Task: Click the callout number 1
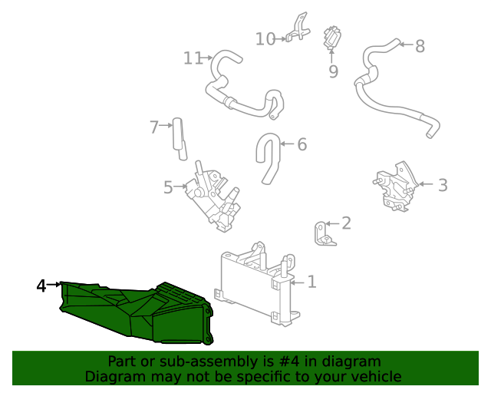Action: [x=311, y=282]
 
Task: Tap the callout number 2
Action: [x=346, y=223]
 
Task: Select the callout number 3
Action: [x=443, y=184]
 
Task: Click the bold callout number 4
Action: [x=41, y=286]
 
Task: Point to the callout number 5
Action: [x=168, y=187]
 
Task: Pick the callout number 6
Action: [x=302, y=144]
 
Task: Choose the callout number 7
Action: [x=154, y=127]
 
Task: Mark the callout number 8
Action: [x=420, y=46]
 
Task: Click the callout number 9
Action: [x=333, y=72]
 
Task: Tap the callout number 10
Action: [x=265, y=38]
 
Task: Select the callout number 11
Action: [x=193, y=58]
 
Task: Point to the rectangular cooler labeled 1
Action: [x=253, y=284]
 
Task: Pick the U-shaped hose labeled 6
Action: [x=269, y=157]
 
